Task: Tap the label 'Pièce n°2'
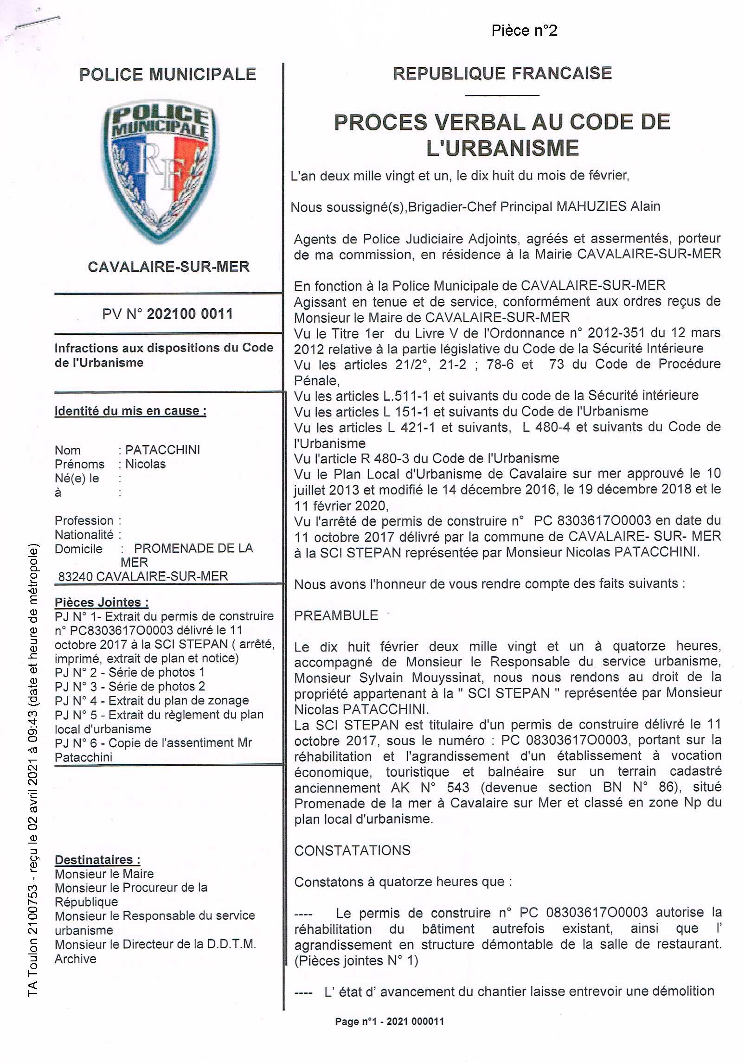pos(524,31)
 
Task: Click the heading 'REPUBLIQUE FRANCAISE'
pos(502,73)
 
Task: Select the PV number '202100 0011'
pos(190,313)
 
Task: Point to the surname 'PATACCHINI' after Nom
pos(163,449)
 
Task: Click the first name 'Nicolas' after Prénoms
pos(145,464)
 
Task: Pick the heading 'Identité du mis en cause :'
pos(130,411)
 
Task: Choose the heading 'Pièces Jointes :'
pos(102,602)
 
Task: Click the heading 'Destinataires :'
pos(97,859)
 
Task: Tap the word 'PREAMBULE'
pos(336,615)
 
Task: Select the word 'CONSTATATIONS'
pos(353,850)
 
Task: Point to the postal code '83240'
pos(76,576)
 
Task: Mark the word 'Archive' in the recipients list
pos(76,959)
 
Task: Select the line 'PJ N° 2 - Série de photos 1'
pos(129,672)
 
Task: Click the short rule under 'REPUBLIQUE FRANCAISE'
pos(502,95)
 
